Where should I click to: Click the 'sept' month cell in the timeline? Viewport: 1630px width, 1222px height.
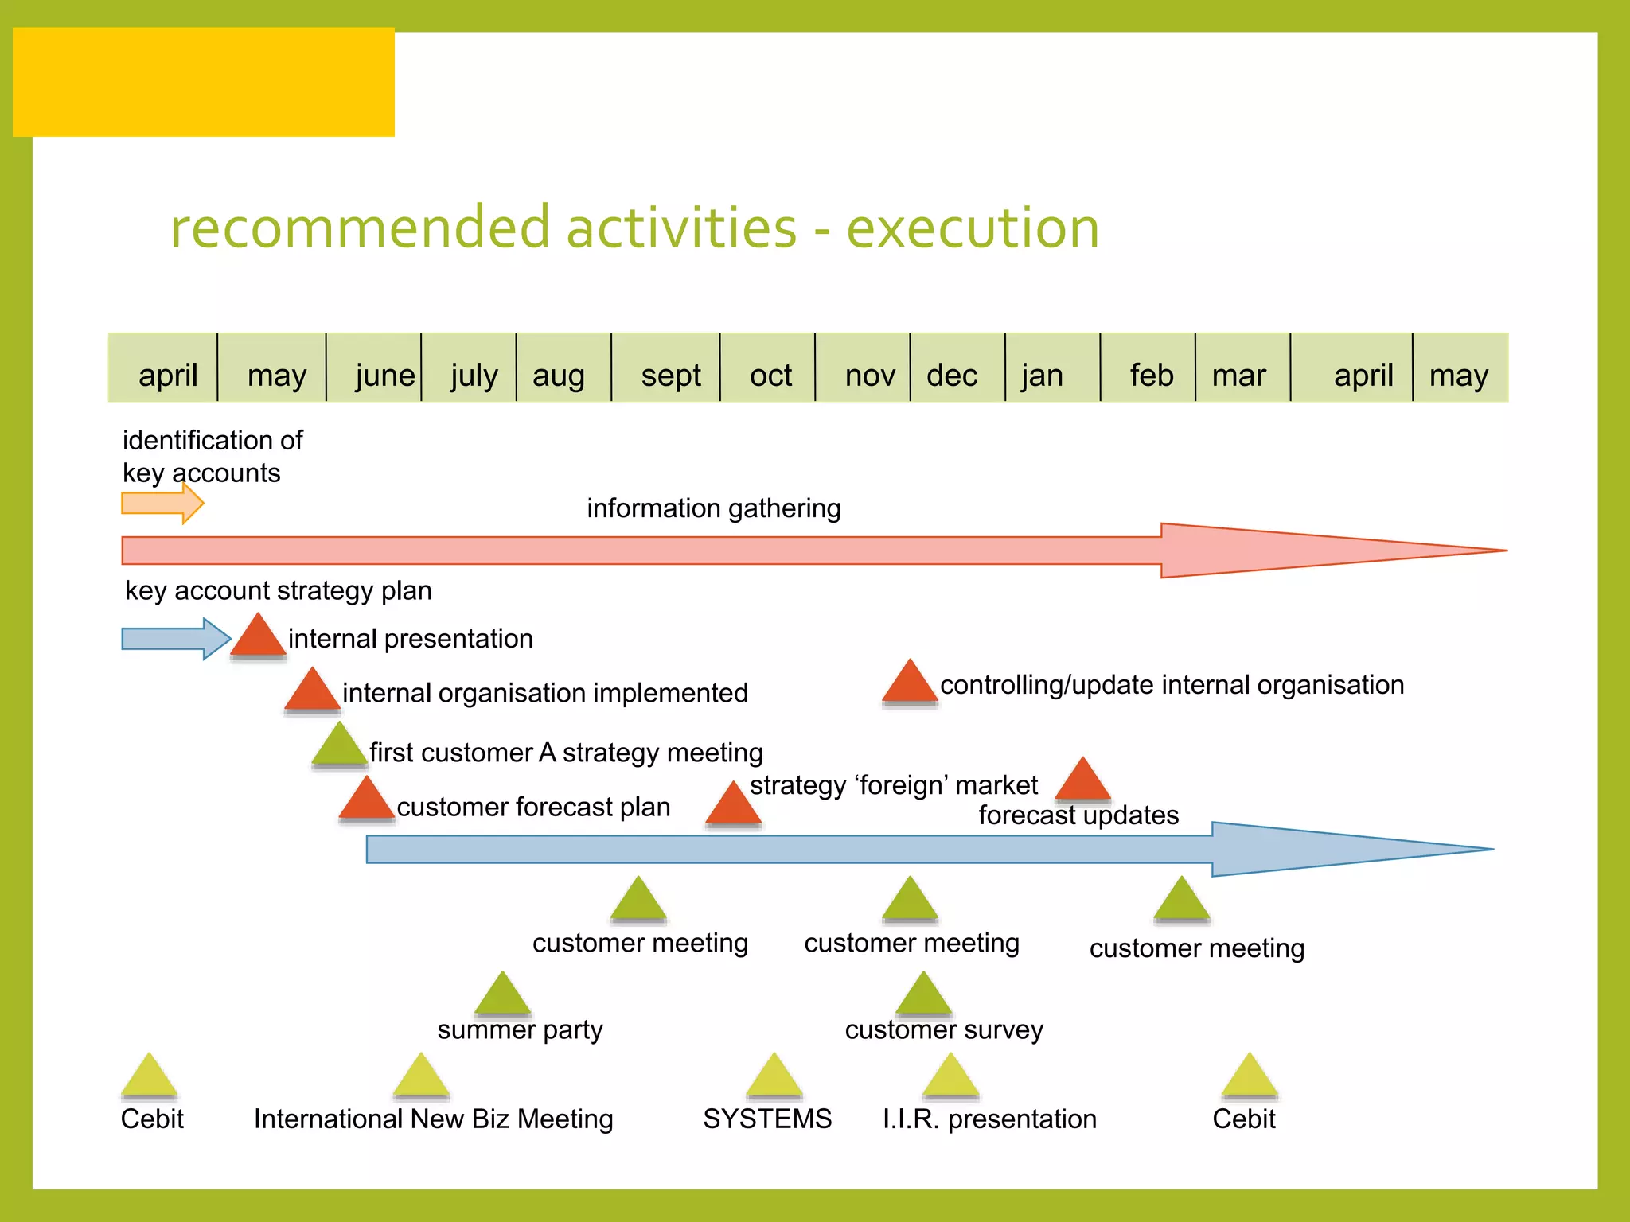pos(670,375)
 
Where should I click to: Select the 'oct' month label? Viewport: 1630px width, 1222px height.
pos(770,375)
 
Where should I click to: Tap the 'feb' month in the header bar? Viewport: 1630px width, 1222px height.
pos(1151,375)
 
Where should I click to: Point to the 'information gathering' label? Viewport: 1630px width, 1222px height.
pos(713,508)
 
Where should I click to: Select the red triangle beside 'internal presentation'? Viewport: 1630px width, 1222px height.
pos(258,637)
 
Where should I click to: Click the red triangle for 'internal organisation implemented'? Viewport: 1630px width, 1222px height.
pos(312,691)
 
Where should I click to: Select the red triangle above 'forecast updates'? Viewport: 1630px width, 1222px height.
pos(1082,781)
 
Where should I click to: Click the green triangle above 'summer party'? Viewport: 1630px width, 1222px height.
pos(502,994)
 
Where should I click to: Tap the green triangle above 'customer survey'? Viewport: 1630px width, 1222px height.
pos(923,994)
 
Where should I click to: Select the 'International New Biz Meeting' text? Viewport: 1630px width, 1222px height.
pos(433,1119)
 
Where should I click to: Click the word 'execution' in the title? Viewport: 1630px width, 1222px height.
pos(972,228)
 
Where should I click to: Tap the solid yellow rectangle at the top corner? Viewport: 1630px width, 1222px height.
pos(204,82)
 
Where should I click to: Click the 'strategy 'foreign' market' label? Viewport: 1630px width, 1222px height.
pos(893,786)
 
